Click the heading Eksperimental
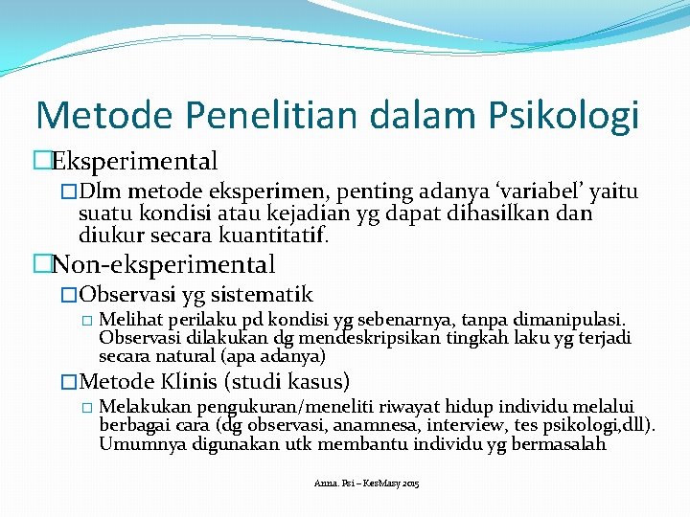pyautogui.click(x=134, y=161)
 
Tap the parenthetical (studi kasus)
pyautogui.click(x=286, y=381)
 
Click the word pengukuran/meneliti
pyautogui.click(x=264, y=407)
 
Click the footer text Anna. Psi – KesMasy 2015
pyautogui.click(x=366, y=483)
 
